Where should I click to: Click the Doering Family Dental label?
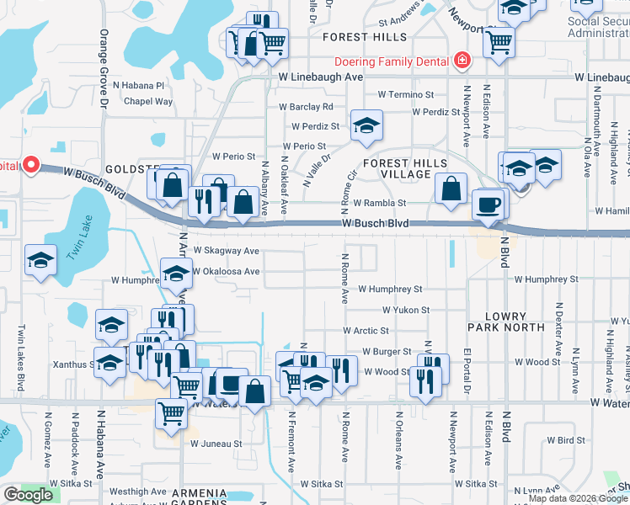(390, 61)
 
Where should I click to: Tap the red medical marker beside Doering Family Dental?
(461, 61)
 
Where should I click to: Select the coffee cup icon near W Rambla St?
(488, 205)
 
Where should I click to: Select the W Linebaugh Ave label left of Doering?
(320, 77)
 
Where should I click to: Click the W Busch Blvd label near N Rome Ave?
(376, 224)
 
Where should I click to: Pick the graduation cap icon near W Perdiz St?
(366, 125)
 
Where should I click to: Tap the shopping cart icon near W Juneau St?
(172, 413)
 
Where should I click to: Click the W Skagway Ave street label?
(227, 251)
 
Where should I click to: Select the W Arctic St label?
(366, 332)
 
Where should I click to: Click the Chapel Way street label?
(148, 102)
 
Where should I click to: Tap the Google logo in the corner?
(28, 495)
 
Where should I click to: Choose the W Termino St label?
(406, 95)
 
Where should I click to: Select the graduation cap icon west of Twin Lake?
(40, 260)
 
